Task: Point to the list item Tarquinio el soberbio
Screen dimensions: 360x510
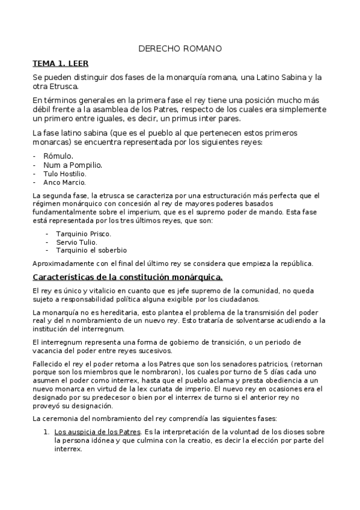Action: (x=91, y=250)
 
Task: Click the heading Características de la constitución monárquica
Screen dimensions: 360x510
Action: (x=127, y=277)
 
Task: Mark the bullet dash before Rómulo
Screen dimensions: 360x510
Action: (x=35, y=155)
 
